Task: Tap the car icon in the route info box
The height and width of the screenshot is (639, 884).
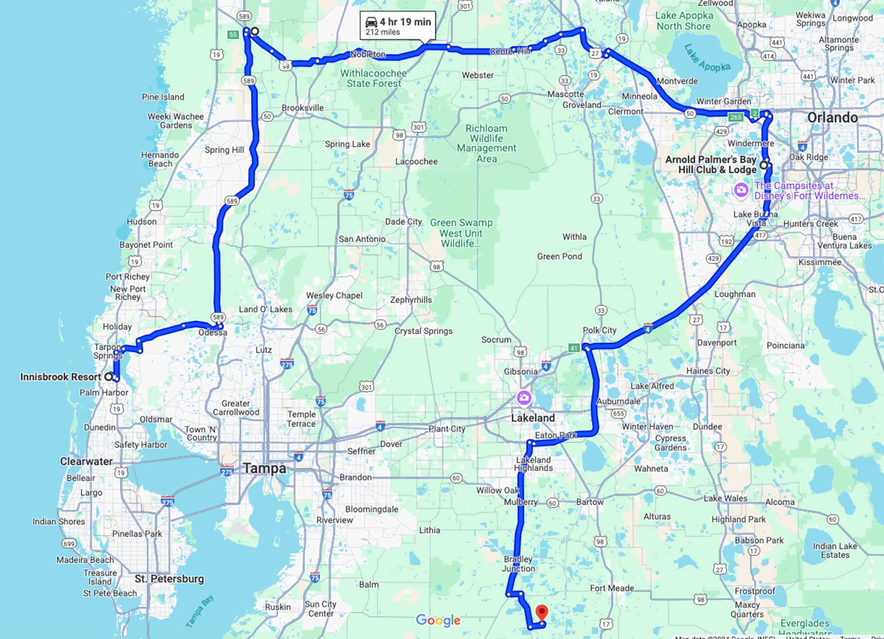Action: (x=371, y=22)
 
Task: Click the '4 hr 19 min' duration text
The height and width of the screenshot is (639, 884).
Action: (x=405, y=22)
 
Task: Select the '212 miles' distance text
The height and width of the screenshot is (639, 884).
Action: (x=382, y=32)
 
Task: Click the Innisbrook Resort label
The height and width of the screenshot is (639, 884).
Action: (x=60, y=377)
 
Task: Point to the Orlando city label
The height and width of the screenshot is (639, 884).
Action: (x=832, y=117)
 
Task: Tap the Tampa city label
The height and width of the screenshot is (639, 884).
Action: (x=265, y=468)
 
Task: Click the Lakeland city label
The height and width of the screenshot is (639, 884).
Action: (x=532, y=418)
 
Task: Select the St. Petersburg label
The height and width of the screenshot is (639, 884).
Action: (x=169, y=579)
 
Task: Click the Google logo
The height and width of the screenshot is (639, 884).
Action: (x=438, y=620)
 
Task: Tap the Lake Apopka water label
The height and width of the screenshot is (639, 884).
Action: (x=707, y=58)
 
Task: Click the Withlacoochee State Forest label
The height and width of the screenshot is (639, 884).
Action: (x=373, y=79)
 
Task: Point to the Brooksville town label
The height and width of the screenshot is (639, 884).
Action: (x=302, y=108)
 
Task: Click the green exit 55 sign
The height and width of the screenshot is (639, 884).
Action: (x=233, y=34)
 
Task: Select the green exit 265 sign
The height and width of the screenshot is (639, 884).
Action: (x=735, y=117)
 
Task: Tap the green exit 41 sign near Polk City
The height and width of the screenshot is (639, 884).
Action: (x=573, y=348)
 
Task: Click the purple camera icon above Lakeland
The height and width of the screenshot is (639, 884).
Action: (x=524, y=397)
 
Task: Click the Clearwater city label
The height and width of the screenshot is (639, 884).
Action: (x=86, y=461)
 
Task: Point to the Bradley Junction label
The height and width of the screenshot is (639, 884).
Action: (x=518, y=564)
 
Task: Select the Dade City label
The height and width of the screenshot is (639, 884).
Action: (x=403, y=222)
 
